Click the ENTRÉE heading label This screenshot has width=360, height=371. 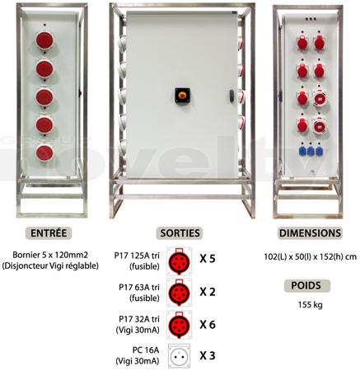tap(49, 233)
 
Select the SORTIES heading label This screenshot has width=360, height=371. tap(180, 233)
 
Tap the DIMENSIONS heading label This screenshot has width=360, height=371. tap(310, 233)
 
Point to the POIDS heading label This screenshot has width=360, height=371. tap(306, 285)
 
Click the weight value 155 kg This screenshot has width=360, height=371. tap(311, 304)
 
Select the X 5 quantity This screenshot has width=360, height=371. tap(208, 259)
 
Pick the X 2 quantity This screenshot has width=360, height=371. tap(208, 292)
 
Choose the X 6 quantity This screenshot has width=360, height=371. tap(208, 325)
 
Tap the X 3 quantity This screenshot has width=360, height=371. tap(208, 355)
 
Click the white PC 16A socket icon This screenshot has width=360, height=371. tap(179, 356)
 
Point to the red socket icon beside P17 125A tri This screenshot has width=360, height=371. tap(180, 261)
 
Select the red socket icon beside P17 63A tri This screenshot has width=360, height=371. tap(180, 293)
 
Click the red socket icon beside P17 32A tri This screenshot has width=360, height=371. tap(180, 325)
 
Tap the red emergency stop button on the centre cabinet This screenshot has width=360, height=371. tap(182, 95)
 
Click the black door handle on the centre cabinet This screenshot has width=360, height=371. tap(231, 96)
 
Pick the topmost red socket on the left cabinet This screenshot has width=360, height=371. tap(44, 40)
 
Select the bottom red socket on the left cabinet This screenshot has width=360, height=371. tap(44, 153)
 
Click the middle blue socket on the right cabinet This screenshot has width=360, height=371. tap(311, 152)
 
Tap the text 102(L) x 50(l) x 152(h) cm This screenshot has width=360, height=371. tap(311, 256)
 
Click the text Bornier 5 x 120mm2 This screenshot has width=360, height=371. tap(50, 255)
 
